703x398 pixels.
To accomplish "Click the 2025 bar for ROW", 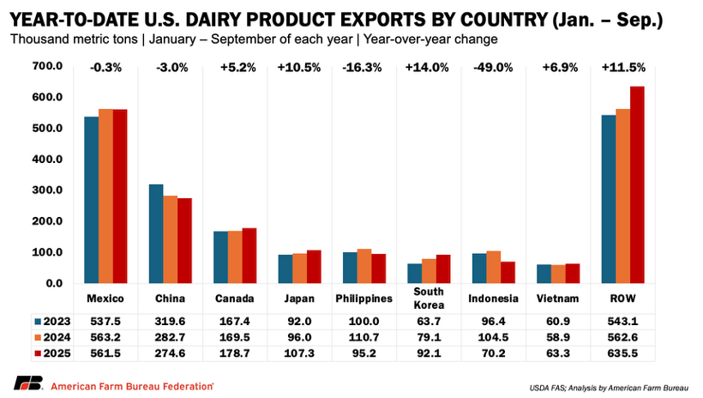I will [x=637, y=184].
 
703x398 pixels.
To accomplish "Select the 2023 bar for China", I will [x=156, y=233].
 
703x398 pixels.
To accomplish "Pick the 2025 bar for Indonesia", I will [x=508, y=272].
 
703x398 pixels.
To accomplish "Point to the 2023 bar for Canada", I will [x=221, y=256].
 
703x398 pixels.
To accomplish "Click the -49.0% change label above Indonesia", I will [x=493, y=68].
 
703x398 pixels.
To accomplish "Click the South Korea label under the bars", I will [x=428, y=305].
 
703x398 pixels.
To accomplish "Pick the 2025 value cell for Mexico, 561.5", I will [x=105, y=353].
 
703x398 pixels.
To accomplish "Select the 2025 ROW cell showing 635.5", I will [x=622, y=353].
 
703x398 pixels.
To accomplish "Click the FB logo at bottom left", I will [x=27, y=383].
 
